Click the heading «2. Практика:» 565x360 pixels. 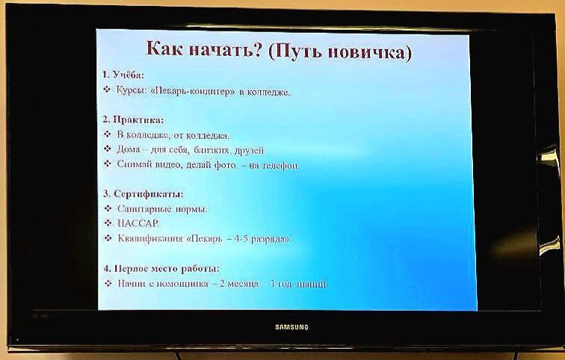(134, 120)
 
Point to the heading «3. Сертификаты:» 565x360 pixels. (143, 193)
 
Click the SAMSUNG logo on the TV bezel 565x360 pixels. (291, 327)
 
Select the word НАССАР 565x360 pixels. (138, 223)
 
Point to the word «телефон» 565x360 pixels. (280, 165)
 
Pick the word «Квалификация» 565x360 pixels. (147, 239)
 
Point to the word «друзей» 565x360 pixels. (249, 150)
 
